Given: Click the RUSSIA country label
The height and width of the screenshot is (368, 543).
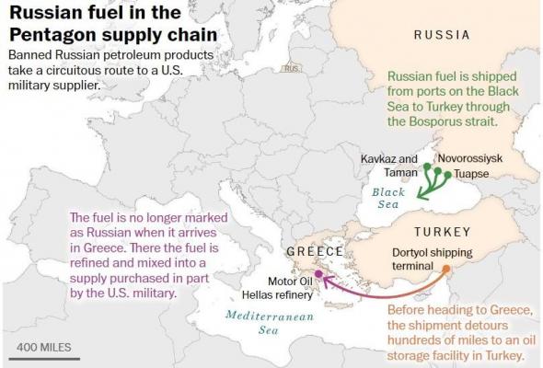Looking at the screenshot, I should tap(442, 35).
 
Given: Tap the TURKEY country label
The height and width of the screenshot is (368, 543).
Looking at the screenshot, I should tap(442, 231).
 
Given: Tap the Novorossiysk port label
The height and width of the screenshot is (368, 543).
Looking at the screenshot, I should tap(470, 157).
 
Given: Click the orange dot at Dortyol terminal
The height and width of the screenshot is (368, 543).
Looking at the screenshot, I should tap(445, 270).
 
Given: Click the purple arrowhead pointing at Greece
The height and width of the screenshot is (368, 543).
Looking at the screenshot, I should tap(327, 279).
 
